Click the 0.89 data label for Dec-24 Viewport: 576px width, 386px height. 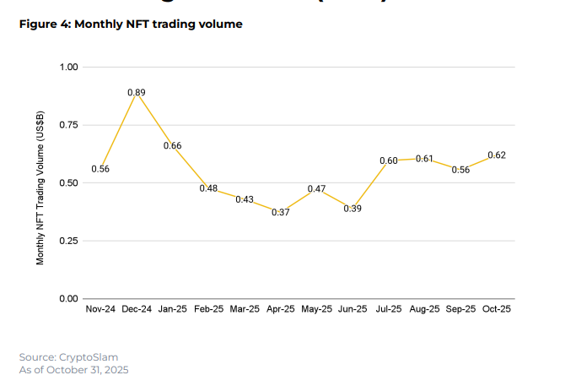(137, 92)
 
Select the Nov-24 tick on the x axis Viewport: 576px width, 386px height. (101, 309)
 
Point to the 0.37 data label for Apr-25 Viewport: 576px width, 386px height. (280, 213)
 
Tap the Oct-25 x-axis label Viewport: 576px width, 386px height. (496, 309)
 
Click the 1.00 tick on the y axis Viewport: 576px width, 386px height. (68, 67)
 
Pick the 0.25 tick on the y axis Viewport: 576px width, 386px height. (68, 242)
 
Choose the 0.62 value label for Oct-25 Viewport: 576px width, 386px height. (496, 155)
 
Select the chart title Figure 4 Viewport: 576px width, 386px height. (130, 24)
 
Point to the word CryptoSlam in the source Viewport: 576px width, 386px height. (88, 357)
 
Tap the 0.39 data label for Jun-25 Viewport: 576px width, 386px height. (353, 209)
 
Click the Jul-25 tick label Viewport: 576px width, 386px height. (388, 309)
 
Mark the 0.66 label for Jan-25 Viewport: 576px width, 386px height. (172, 146)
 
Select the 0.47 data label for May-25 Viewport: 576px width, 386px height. (316, 189)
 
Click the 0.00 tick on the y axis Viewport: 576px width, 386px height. (68, 299)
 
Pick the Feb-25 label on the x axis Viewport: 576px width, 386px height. (208, 309)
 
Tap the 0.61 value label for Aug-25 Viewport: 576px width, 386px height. (424, 159)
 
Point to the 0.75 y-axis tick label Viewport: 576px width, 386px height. (68, 125)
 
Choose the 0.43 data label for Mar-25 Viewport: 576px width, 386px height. (245, 199)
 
